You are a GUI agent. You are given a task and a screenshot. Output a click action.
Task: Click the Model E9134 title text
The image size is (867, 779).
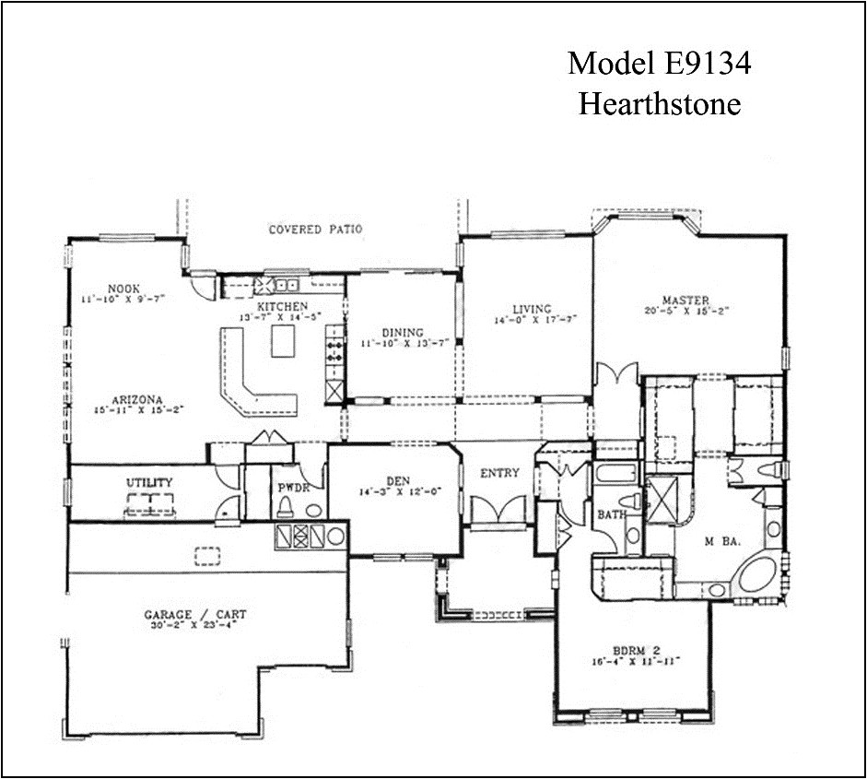659,64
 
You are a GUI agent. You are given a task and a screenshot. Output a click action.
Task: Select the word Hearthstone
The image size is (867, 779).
659,104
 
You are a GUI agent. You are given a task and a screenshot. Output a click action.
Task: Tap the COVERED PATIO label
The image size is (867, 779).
315,230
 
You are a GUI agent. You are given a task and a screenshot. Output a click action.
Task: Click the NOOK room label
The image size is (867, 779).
123,287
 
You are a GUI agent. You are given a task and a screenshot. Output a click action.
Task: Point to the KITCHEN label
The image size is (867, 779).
282,306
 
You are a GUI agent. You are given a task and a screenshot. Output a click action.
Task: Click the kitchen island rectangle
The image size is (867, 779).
286,340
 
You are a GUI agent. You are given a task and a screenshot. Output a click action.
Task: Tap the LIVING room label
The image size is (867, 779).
532,309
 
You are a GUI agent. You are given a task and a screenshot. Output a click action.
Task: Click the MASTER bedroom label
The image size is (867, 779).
685,301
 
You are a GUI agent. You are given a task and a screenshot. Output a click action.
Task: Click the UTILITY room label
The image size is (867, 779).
149,482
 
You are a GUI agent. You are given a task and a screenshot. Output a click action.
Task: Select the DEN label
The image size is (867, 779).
398,479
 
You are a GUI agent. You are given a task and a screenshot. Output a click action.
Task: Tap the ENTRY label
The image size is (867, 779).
499,473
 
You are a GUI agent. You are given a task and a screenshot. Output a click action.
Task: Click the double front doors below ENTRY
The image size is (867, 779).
498,510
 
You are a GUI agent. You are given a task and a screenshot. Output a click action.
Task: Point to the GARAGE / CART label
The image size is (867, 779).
194,615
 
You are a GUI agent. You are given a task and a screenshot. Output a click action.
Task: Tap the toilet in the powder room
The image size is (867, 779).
286,506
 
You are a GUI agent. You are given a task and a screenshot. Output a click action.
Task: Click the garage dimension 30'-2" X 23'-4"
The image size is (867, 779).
194,626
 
